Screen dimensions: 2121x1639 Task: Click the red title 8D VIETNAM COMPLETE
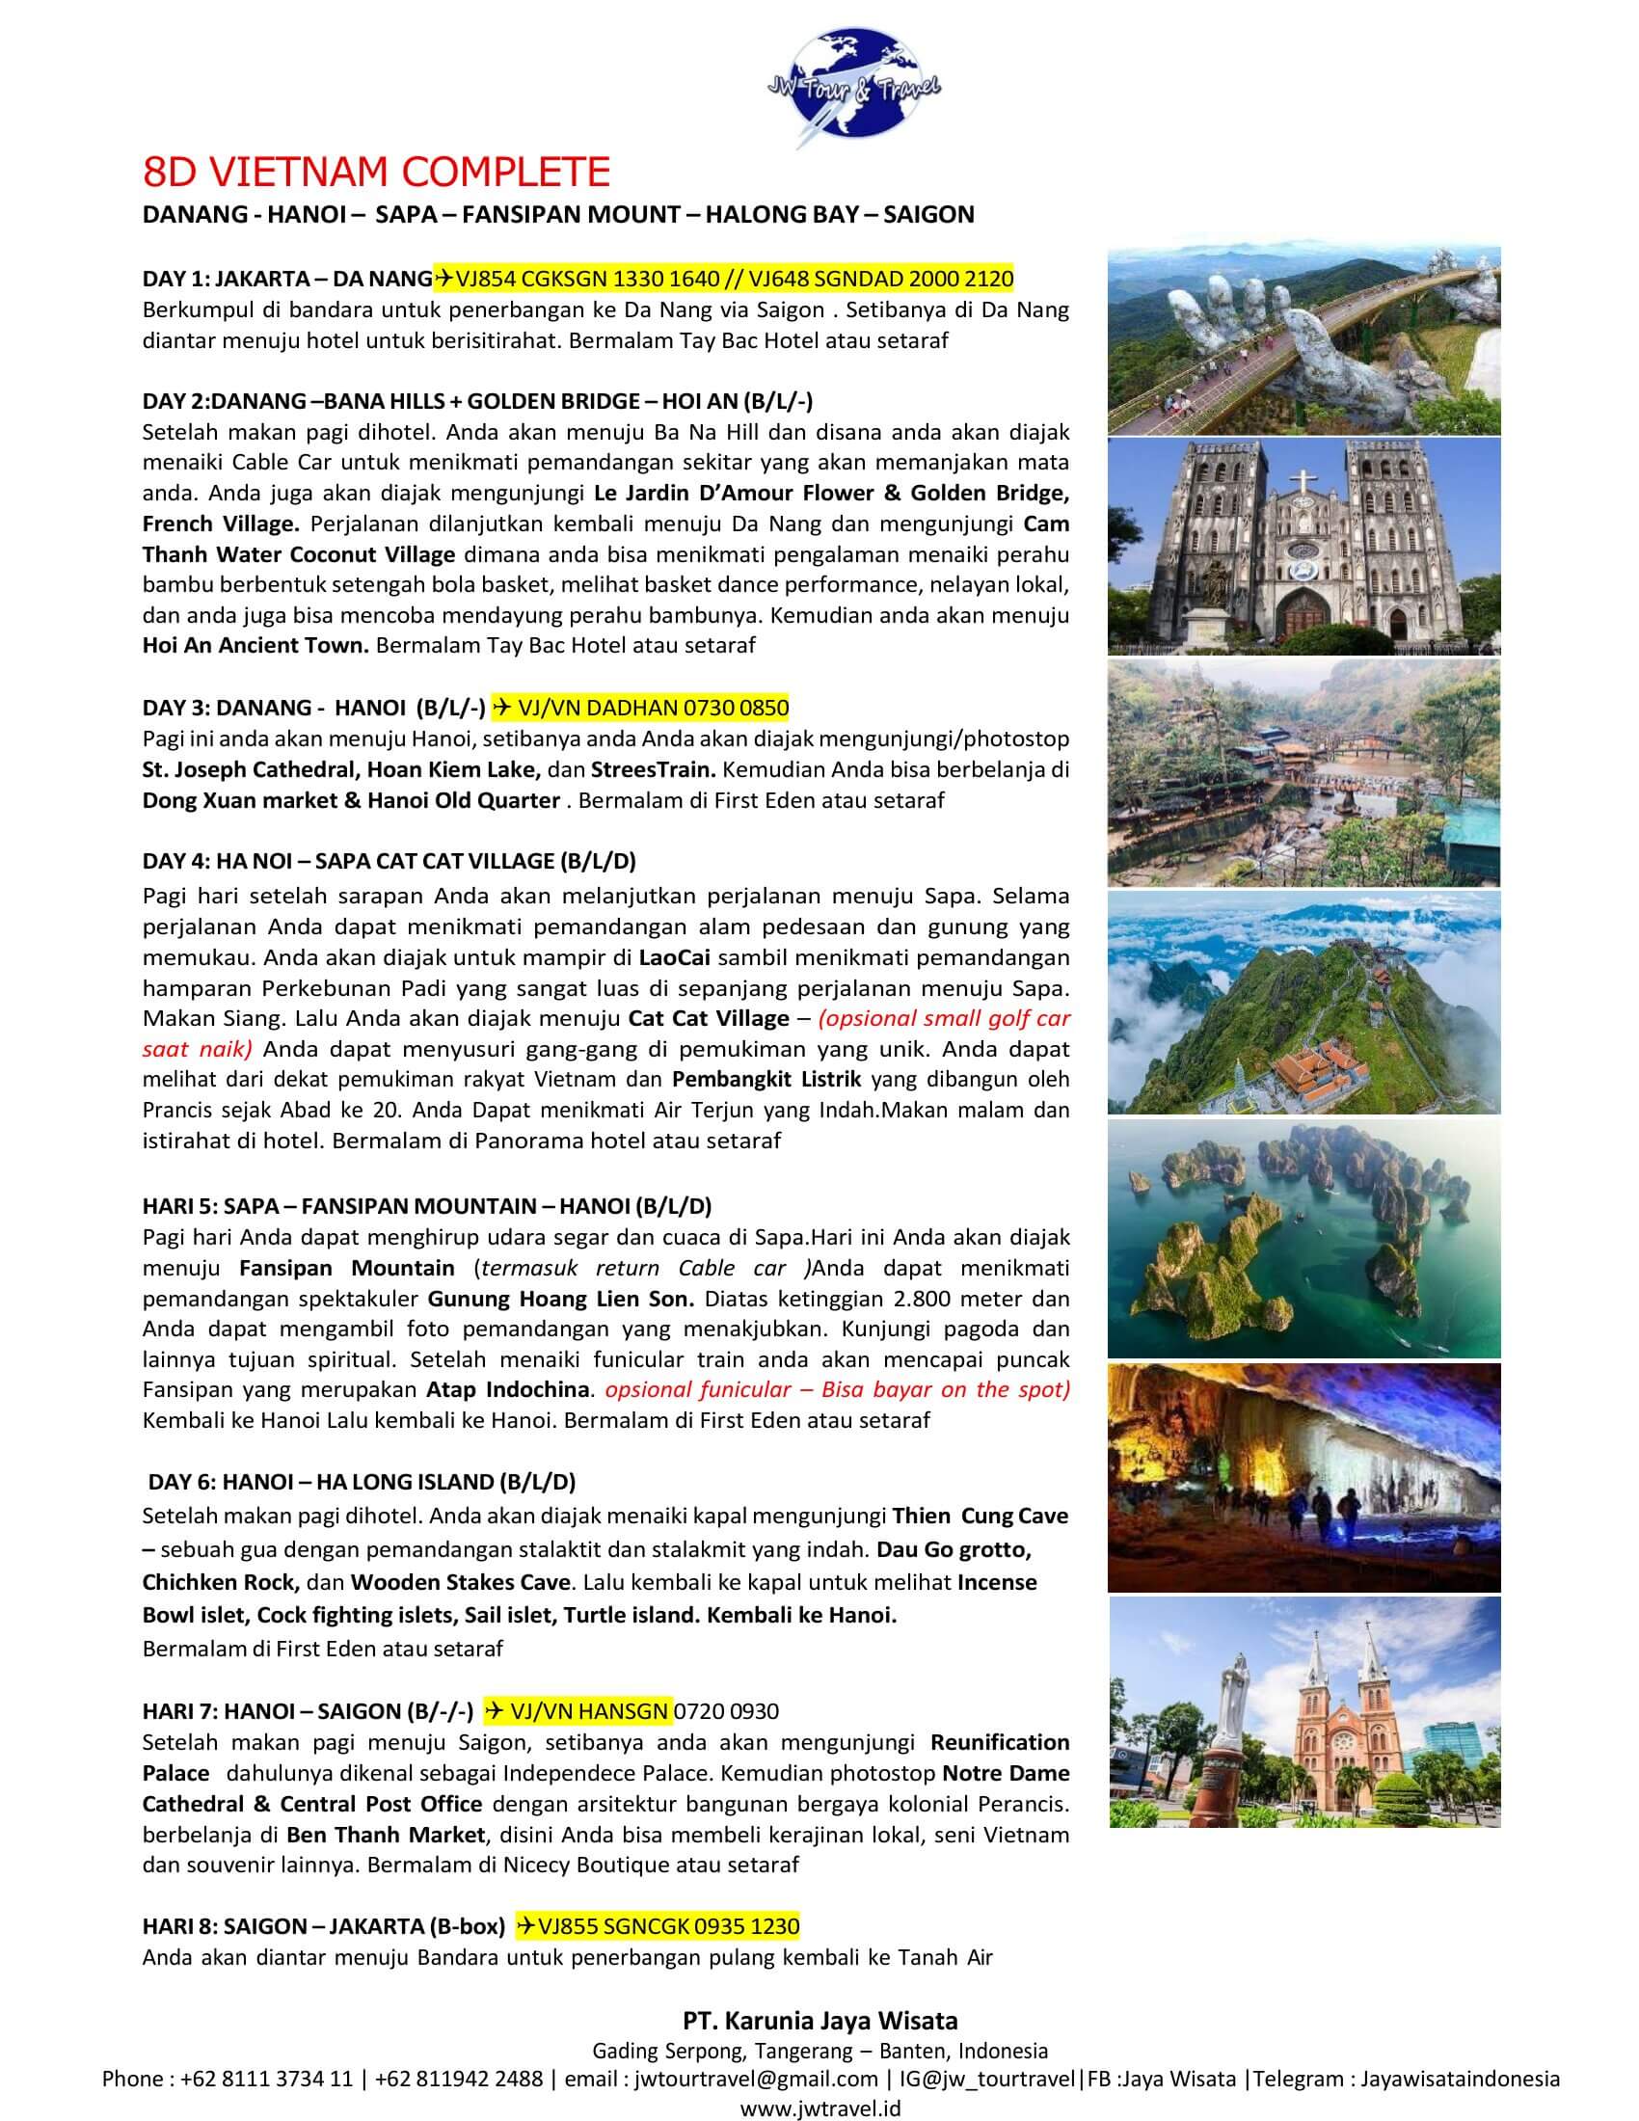(x=376, y=172)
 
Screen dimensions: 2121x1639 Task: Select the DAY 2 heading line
(x=477, y=401)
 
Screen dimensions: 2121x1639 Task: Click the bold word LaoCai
(x=674, y=957)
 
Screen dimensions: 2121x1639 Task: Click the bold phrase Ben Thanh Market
(x=385, y=1836)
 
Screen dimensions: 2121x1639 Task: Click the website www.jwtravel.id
(x=819, y=2108)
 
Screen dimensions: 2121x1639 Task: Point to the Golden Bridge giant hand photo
(x=1303, y=341)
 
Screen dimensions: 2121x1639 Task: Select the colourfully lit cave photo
(x=1303, y=1477)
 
